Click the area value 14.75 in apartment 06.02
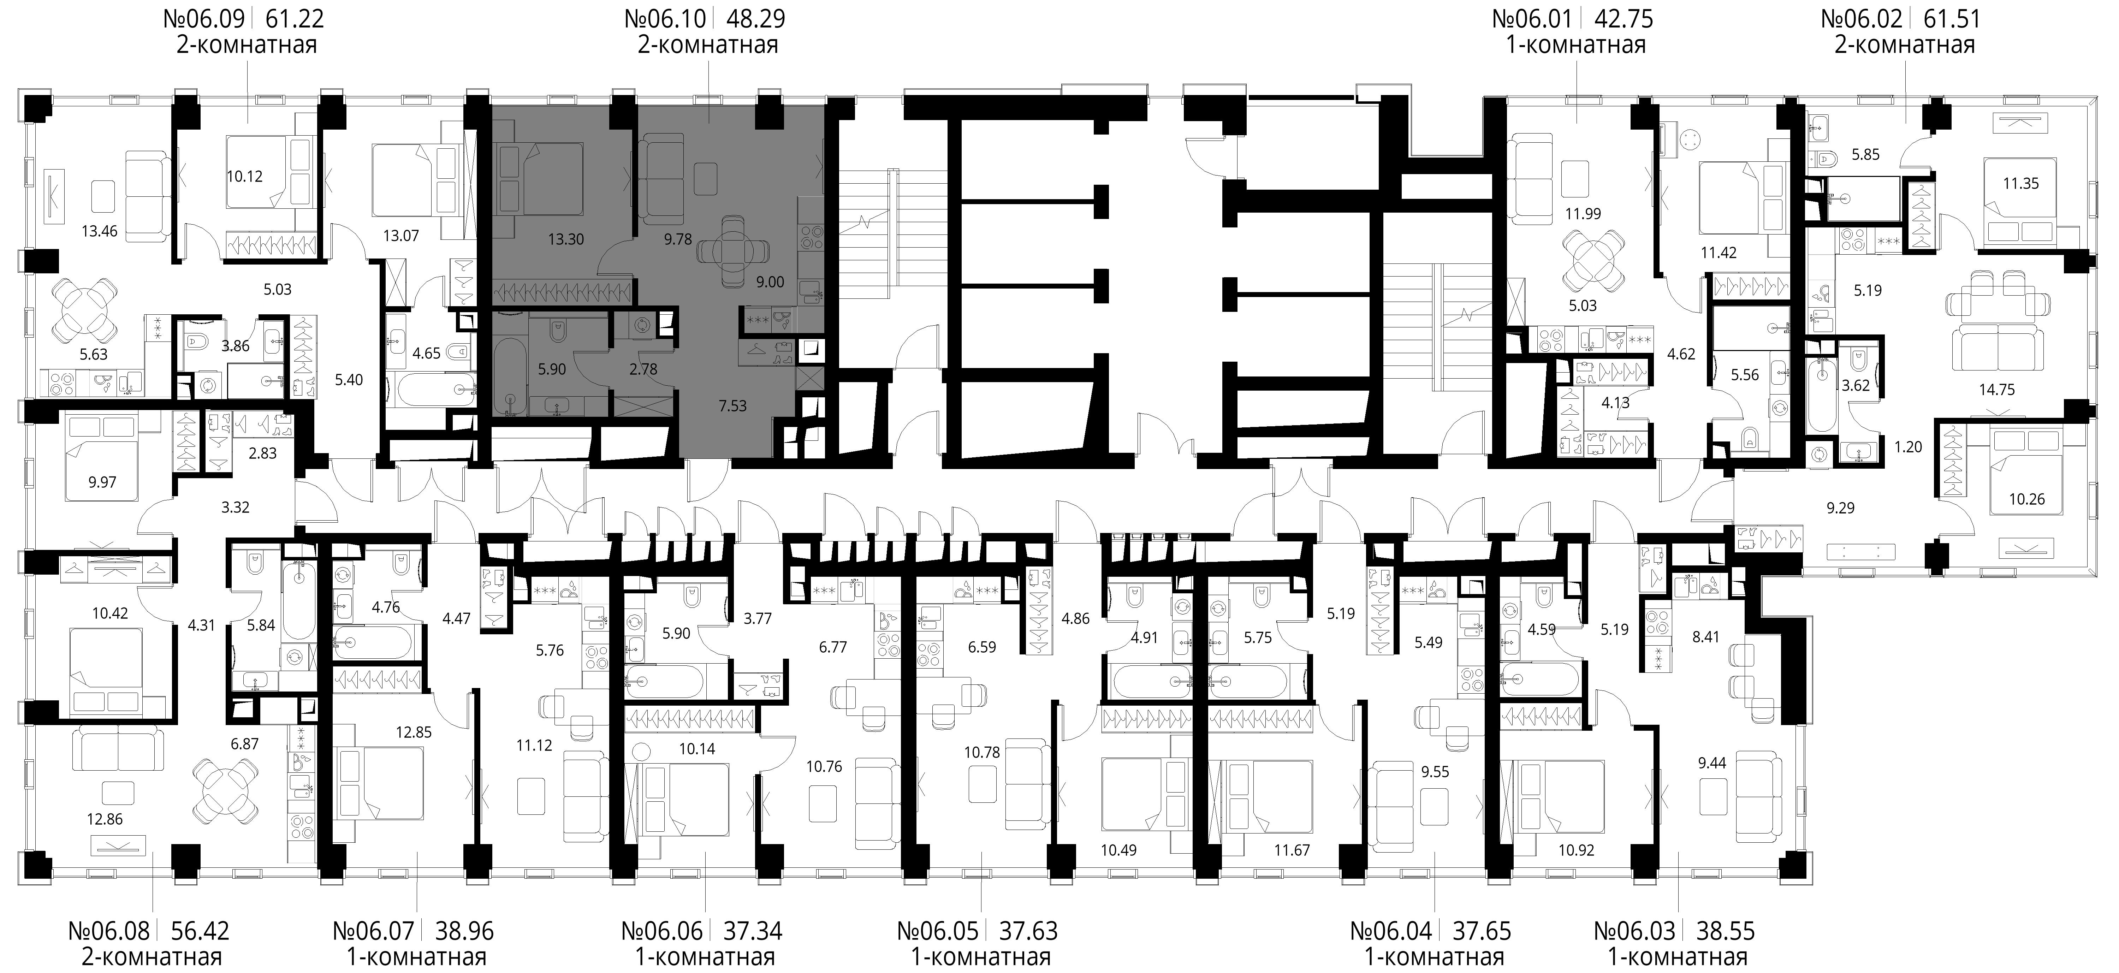click(1996, 390)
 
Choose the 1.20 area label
click(1909, 447)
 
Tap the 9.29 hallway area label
click(1841, 508)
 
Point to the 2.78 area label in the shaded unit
click(643, 369)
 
